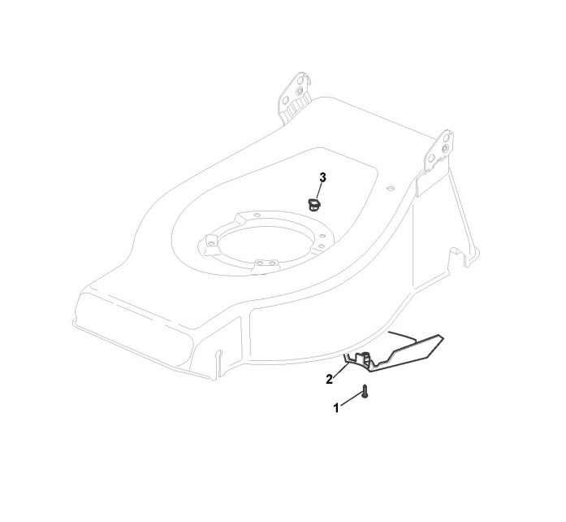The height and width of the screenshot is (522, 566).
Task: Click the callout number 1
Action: click(336, 408)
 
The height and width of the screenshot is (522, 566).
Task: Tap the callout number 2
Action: click(330, 379)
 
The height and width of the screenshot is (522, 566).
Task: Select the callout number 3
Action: click(322, 177)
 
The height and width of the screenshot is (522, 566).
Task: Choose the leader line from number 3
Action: click(320, 190)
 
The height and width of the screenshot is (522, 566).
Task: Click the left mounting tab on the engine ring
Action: click(211, 241)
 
